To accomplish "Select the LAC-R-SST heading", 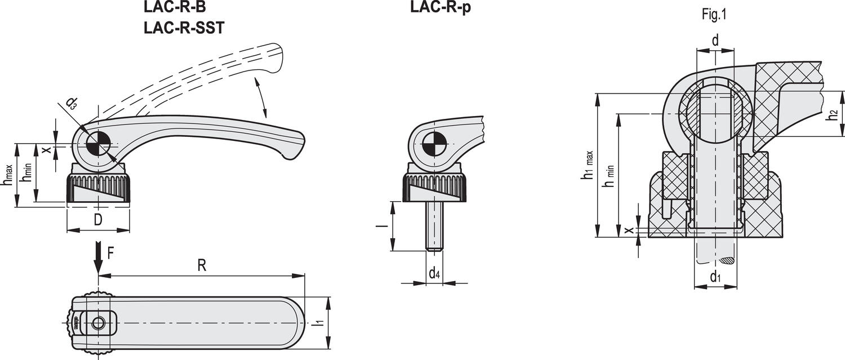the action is (184, 28).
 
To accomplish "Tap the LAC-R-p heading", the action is (441, 7).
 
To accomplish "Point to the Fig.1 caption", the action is (714, 15).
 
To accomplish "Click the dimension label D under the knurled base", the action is (98, 220).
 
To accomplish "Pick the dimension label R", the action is (202, 266).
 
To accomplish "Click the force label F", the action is (110, 253).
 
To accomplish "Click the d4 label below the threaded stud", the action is (434, 273).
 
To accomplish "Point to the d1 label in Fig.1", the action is (715, 277).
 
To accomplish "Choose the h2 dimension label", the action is (833, 115).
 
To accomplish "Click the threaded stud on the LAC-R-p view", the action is (435, 226).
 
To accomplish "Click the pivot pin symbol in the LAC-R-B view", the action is (98, 145).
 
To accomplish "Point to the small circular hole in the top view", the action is (99, 323).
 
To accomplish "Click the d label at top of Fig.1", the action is (715, 41).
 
